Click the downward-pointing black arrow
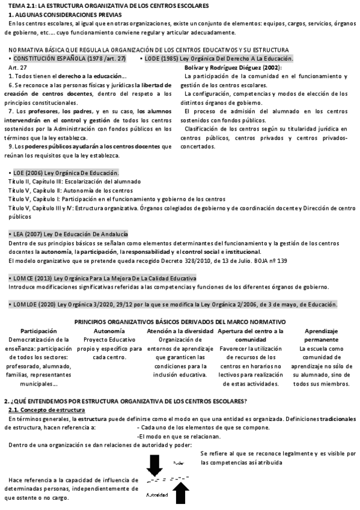pos(155,464)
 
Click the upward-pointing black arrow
pos(181,493)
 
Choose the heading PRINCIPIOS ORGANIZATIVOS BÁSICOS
pos(180,322)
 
